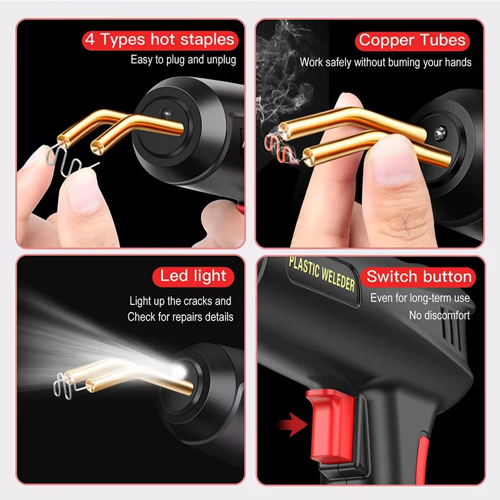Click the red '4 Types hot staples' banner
click(161, 41)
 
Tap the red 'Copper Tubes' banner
click(412, 41)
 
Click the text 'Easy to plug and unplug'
click(183, 60)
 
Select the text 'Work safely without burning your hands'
click(386, 62)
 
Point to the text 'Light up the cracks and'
click(180, 301)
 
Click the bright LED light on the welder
click(183, 372)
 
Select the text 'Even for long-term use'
click(419, 298)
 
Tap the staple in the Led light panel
click(62, 384)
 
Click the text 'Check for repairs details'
click(180, 316)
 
